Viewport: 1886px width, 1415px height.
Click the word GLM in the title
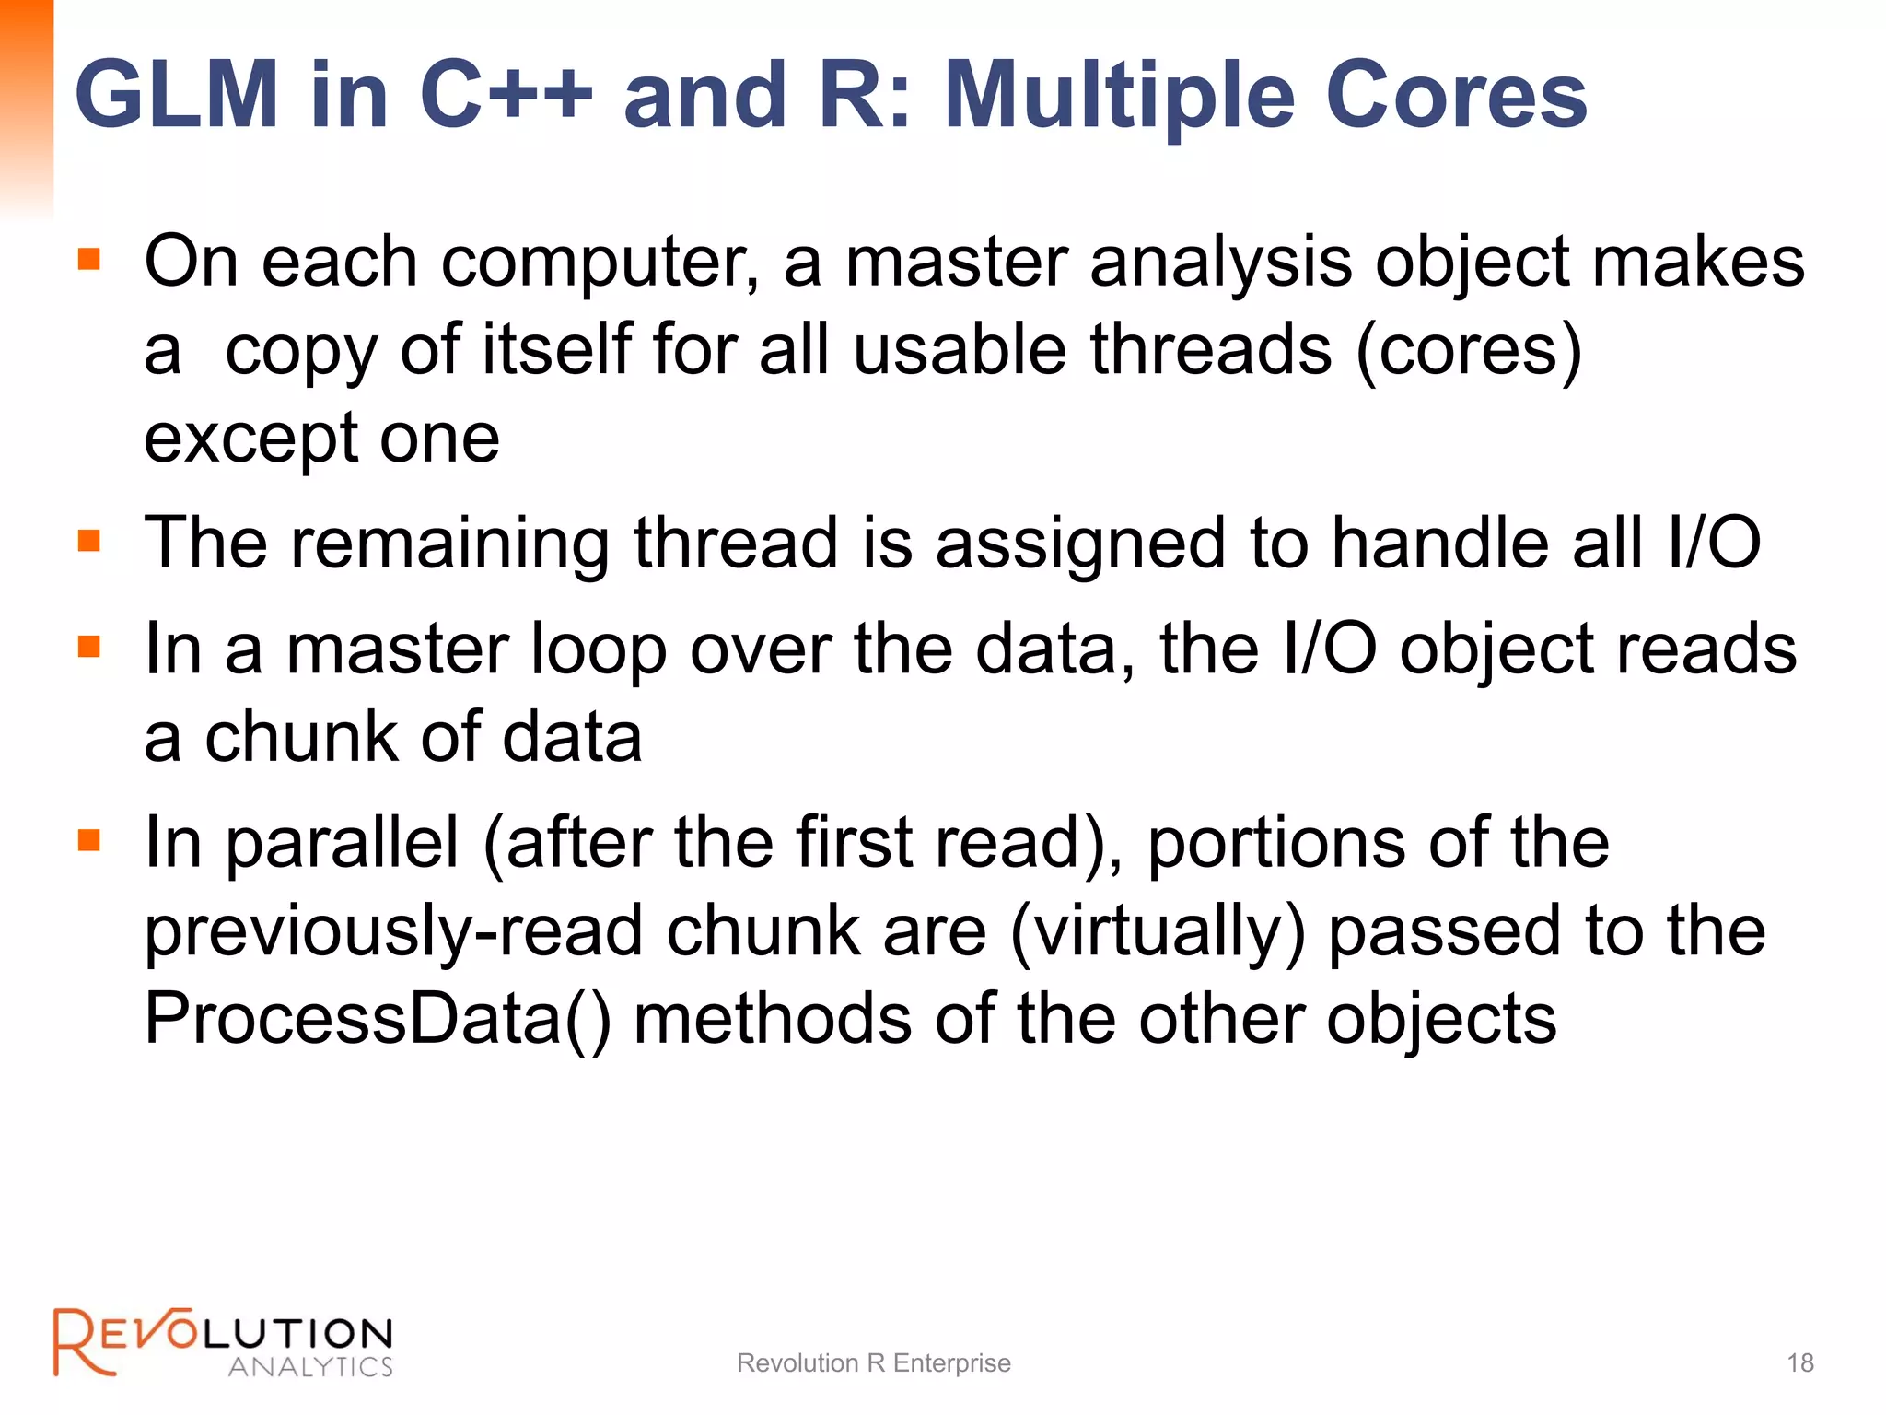pyautogui.click(x=177, y=95)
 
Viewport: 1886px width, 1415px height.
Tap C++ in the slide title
pyautogui.click(x=506, y=95)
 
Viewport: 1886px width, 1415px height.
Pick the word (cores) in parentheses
pyautogui.click(x=1469, y=351)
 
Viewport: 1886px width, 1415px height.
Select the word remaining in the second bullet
pyautogui.click(x=450, y=544)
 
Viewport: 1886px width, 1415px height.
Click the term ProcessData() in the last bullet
pyautogui.click(x=378, y=1020)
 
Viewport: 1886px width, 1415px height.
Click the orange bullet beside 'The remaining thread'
pyautogui.click(x=89, y=540)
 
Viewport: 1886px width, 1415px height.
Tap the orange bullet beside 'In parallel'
pyautogui.click(x=89, y=840)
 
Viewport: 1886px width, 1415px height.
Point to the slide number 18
pyautogui.click(x=1799, y=1363)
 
